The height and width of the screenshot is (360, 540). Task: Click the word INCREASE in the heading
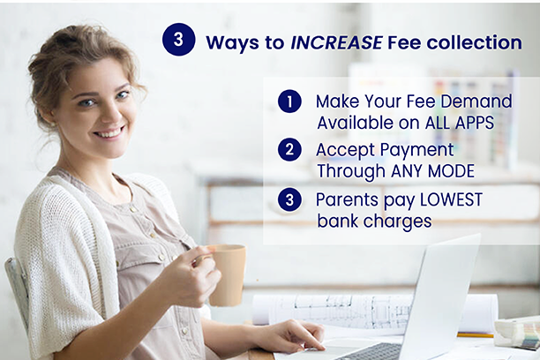tap(336, 42)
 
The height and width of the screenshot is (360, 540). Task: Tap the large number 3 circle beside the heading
tap(179, 40)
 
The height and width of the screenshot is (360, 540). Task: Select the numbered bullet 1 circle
tap(289, 101)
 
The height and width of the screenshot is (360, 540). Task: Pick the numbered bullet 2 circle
tap(289, 149)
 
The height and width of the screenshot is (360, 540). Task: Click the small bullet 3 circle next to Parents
tap(289, 199)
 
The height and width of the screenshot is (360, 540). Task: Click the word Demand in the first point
tap(476, 101)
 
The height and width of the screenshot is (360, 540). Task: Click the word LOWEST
tap(451, 199)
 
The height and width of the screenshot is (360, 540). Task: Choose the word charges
tap(398, 221)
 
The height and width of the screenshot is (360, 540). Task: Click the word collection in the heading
tap(474, 42)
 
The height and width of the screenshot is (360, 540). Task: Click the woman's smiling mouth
tap(109, 132)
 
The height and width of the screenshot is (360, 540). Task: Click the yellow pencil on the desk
tap(476, 334)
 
